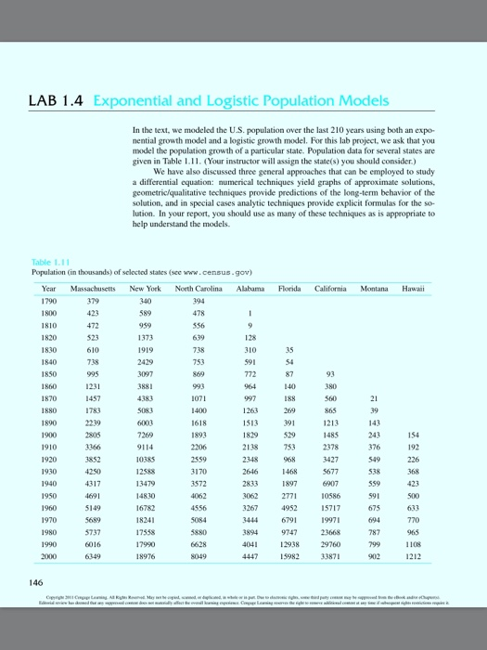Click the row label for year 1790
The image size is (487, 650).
[41, 300]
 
